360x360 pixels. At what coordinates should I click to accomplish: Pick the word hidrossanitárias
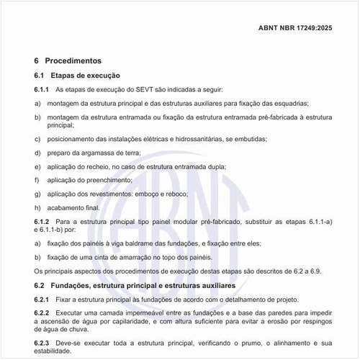[198, 138]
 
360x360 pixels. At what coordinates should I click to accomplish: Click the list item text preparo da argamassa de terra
[89, 152]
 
